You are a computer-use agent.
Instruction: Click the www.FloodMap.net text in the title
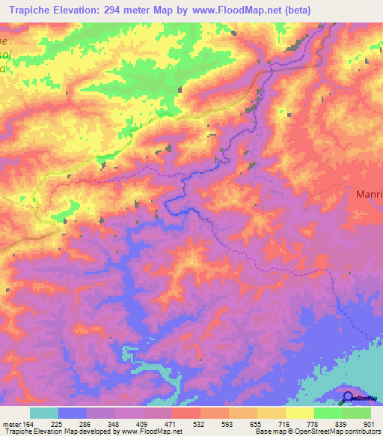point(234,9)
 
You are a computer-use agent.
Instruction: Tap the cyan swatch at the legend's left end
point(44,413)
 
